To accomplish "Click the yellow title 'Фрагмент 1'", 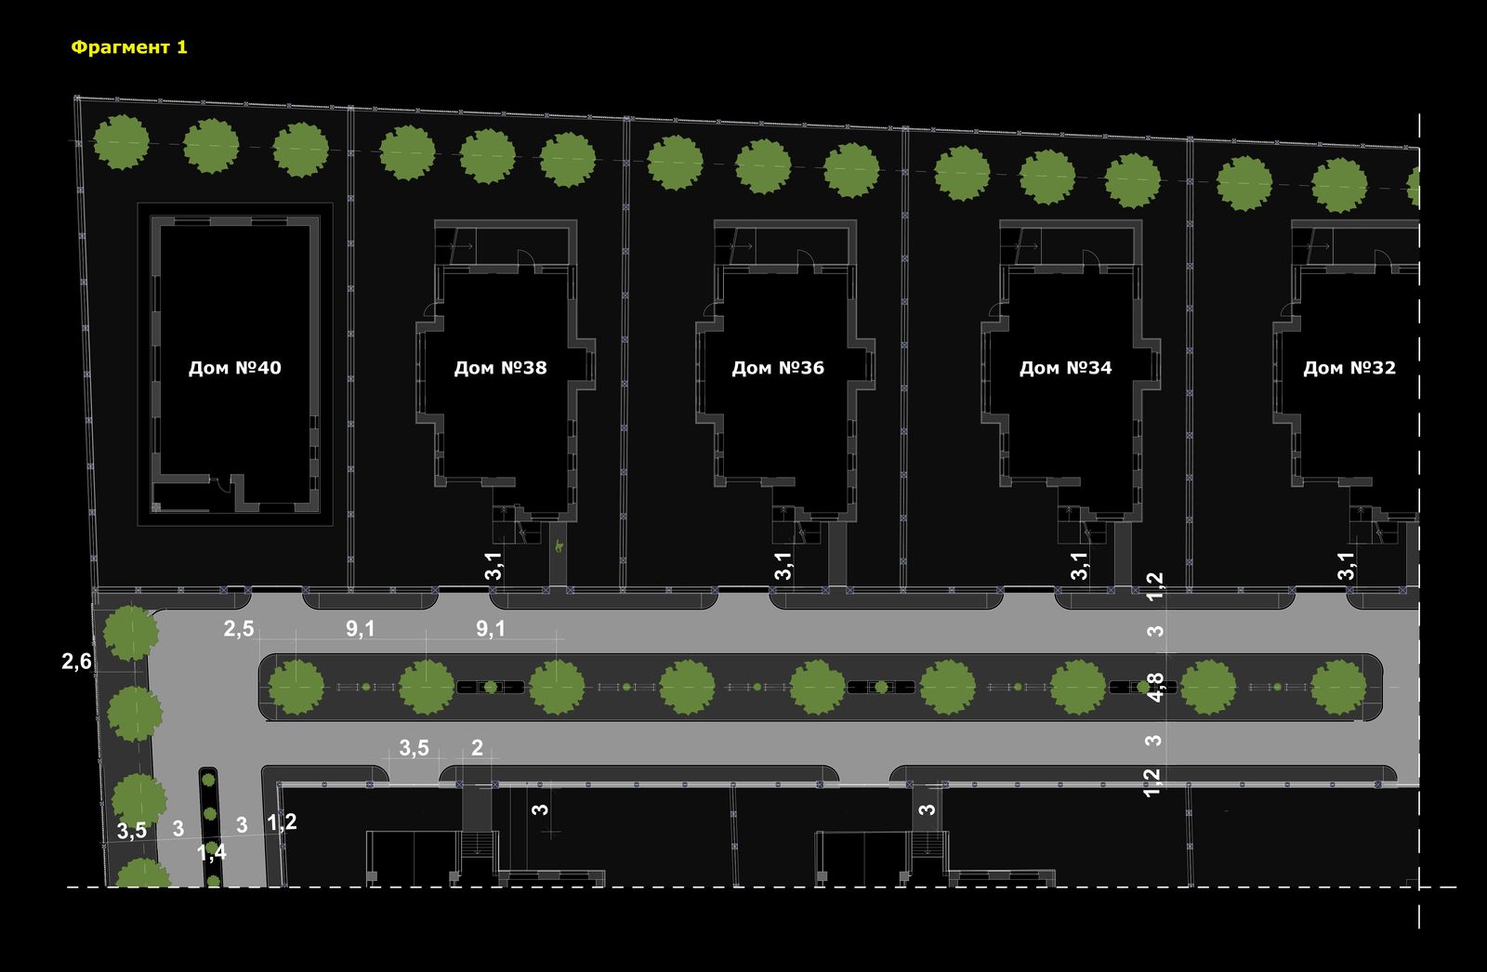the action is pos(129,47).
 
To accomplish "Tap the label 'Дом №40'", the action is pos(235,368).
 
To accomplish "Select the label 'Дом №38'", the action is pos(501,368).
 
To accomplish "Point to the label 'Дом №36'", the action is pos(778,368).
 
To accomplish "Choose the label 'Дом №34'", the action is pos(1065,368).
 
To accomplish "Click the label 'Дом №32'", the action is pos(1349,368).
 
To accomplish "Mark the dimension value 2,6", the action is pos(76,662).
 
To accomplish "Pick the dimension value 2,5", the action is pos(238,628).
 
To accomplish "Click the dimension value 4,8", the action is pos(1155,687).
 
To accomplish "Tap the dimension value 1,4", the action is pos(212,852).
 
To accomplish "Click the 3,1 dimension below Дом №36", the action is pos(783,566).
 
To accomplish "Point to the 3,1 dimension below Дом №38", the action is pos(493,566).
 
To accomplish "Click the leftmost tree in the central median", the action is pos(296,687).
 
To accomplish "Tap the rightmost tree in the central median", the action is pos(1338,687).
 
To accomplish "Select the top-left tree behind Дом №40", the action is pos(121,142).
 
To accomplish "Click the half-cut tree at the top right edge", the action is pos(1414,187).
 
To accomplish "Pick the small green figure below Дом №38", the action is pos(559,546).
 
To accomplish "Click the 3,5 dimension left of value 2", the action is pos(414,748).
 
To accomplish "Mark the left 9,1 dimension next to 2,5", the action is pos(360,628).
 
